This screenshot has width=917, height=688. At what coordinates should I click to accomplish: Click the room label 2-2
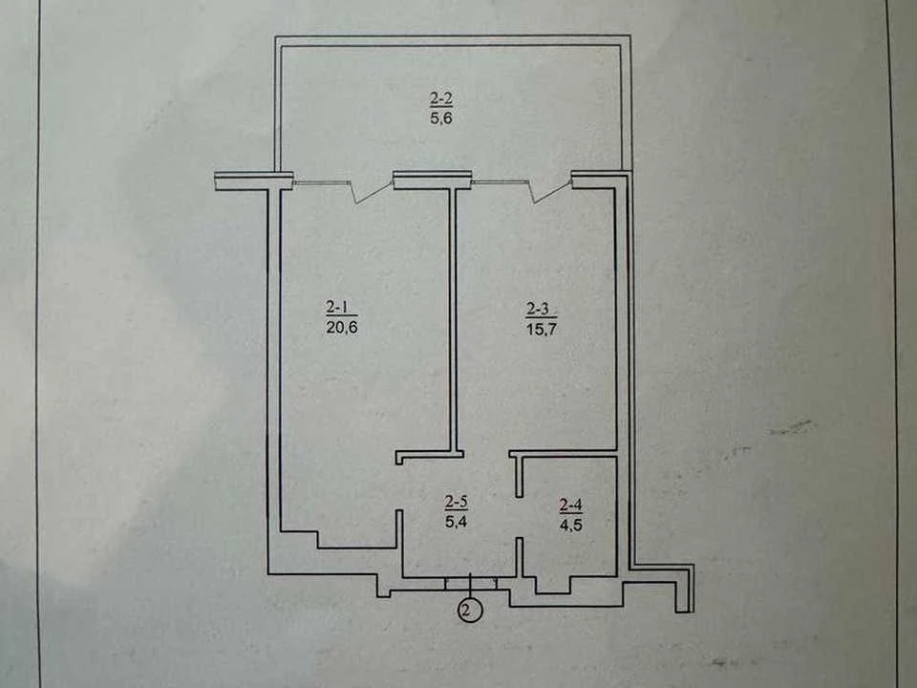coord(441,98)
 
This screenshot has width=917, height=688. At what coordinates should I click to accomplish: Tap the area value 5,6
coord(441,118)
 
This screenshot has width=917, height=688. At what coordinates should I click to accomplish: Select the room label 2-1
coord(342,307)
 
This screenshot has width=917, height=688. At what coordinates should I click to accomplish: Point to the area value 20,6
coord(342,327)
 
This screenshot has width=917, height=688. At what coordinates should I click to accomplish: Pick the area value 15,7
coord(541,329)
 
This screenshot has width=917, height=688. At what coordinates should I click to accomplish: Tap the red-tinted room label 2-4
coord(571,505)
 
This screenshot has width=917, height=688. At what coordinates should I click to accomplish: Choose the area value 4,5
coord(571,525)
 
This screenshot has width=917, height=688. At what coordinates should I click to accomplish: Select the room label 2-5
coord(457,502)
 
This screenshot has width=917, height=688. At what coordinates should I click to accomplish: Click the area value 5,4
coord(457,522)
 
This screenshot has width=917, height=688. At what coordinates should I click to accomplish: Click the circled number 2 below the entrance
coord(470,611)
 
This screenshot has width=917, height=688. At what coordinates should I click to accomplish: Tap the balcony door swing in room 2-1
coord(372,193)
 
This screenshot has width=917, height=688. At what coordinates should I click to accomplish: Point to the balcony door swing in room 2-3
coord(550,193)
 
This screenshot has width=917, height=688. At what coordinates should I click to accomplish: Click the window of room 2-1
coord(321,183)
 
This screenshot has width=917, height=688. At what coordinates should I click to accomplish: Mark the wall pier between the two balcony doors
coord(432,180)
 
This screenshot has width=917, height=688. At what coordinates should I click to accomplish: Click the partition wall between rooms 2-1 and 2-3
coord(453,319)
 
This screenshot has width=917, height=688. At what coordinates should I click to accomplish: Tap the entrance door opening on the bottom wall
coord(471,583)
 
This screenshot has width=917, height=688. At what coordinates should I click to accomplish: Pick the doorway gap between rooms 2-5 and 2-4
coord(520,517)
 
